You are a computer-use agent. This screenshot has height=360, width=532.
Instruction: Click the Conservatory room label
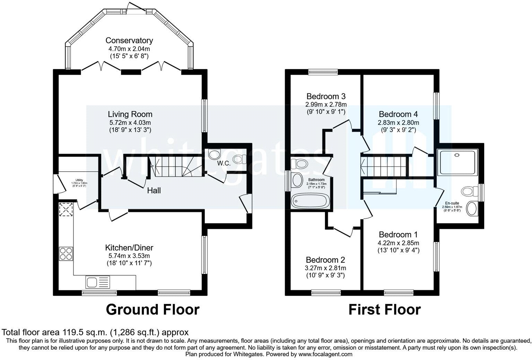click(x=129, y=40)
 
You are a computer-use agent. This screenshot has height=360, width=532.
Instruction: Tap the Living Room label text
click(x=130, y=114)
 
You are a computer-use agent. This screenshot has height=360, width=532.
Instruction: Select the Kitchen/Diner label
click(x=129, y=248)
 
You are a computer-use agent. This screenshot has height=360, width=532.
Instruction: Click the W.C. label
click(x=224, y=163)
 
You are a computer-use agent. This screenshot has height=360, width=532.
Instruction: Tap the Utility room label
click(x=79, y=180)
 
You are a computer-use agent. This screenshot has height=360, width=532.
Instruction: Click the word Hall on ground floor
click(x=154, y=190)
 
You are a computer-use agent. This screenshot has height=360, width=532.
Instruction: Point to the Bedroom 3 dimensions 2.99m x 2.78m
click(x=326, y=104)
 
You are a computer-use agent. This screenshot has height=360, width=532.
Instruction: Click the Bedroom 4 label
click(x=398, y=114)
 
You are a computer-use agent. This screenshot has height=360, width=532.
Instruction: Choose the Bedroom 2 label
click(x=326, y=260)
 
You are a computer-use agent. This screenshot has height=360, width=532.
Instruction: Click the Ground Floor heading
click(x=152, y=309)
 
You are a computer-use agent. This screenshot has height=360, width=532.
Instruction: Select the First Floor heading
click(x=384, y=309)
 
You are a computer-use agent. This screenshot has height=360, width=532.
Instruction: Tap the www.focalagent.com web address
click(x=325, y=354)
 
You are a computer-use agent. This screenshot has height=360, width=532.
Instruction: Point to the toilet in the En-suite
click(x=468, y=191)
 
